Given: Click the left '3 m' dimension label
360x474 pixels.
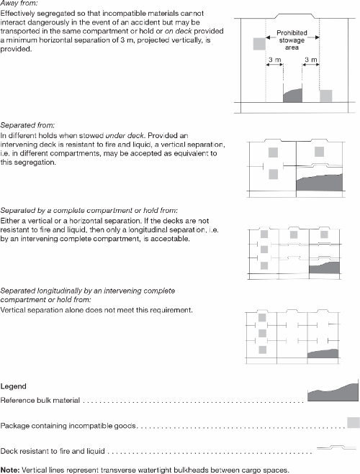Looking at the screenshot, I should pos(275,60).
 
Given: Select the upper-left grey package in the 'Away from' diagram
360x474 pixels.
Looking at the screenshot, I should pos(258,45).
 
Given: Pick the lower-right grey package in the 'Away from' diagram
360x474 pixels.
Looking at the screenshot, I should pos(326,96).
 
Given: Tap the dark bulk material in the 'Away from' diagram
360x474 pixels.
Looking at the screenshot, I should pos(293,95).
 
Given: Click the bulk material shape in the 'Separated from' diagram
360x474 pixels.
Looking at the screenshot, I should pos(325,183).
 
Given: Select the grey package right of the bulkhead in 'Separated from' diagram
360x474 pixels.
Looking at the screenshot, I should pos(320,152).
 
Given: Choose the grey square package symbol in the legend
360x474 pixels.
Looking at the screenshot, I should pos(352,422).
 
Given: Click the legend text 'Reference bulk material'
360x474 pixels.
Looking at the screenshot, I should pos(42,400).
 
